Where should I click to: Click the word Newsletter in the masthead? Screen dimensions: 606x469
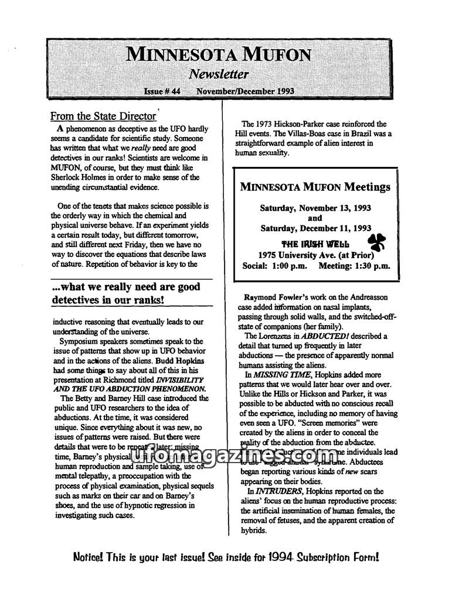click(x=219, y=74)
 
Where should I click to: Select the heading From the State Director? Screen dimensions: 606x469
click(x=103, y=116)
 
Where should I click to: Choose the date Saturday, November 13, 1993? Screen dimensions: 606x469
click(x=315, y=207)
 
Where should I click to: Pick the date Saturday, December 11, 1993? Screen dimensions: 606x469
click(x=315, y=228)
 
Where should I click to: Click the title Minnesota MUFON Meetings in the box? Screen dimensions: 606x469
click(x=315, y=187)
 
